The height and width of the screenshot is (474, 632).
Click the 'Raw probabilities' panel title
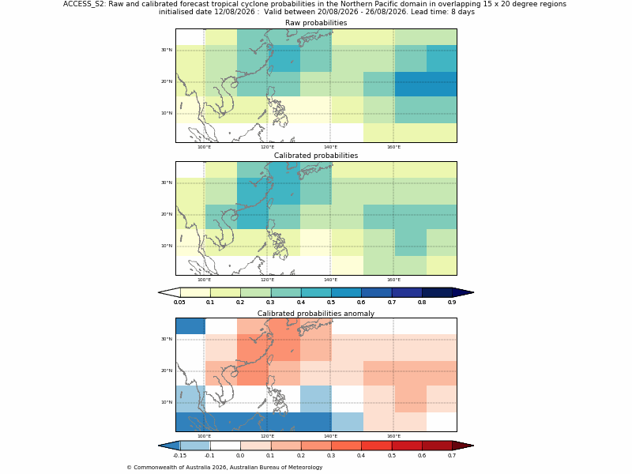coord(316,23)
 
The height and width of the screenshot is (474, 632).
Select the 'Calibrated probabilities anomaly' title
coord(316,314)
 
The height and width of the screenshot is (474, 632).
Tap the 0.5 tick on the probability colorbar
coord(331,303)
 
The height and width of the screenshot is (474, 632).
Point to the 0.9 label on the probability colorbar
coord(452,303)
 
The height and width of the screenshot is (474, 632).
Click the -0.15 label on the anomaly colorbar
coord(179,456)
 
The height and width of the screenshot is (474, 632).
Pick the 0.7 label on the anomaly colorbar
coord(452,456)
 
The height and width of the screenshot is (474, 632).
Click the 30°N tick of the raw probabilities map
coord(167,50)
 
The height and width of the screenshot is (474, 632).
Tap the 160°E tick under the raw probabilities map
coord(393,147)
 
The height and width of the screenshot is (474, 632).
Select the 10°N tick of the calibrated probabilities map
coord(167,246)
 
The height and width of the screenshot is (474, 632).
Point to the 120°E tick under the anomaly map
coord(267,436)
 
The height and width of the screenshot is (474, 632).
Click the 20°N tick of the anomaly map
coord(167,371)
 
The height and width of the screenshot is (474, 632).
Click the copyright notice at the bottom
coord(224,468)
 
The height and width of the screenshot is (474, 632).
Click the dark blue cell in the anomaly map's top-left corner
coord(190,326)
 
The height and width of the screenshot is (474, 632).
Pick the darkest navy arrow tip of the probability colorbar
coord(463,292)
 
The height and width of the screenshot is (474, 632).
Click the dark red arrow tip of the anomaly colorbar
coord(463,446)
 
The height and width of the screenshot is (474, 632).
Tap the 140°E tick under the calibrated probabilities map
coord(330,280)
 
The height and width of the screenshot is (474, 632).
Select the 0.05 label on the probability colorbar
coord(179,303)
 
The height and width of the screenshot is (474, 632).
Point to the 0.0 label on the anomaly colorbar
coord(240,456)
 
